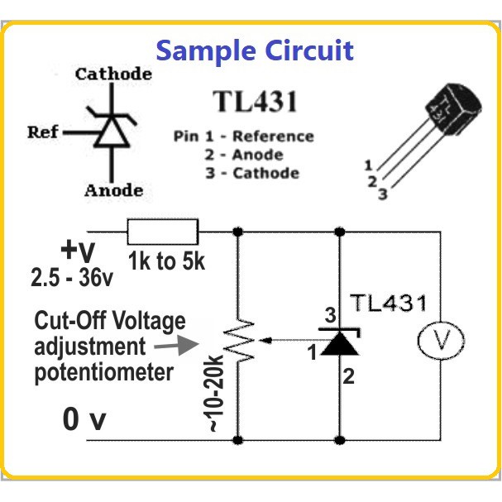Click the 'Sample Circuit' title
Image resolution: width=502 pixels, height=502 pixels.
[255, 51]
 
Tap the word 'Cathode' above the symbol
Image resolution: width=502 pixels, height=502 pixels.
[113, 74]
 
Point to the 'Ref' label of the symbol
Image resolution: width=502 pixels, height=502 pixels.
[42, 132]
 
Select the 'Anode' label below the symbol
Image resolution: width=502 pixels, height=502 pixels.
[113, 191]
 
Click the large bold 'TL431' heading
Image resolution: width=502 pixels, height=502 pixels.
[256, 102]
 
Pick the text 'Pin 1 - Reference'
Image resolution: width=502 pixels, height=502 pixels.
[244, 136]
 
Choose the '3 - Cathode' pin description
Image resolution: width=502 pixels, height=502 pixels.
[252, 173]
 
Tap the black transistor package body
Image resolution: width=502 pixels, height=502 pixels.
[453, 108]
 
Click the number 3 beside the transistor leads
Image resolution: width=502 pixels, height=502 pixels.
[383, 194]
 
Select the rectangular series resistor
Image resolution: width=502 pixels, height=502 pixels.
[163, 232]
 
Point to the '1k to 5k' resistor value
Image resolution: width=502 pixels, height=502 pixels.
[166, 261]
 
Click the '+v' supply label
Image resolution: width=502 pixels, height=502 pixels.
[78, 251]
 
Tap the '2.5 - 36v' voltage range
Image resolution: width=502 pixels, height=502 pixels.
[72, 277]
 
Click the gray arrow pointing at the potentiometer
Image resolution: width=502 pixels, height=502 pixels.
[176, 345]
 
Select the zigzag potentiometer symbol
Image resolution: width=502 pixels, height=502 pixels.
[239, 341]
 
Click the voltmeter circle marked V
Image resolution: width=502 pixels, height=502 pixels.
[441, 340]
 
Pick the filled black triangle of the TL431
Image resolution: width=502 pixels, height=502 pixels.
[340, 343]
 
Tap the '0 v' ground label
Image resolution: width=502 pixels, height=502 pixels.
[84, 419]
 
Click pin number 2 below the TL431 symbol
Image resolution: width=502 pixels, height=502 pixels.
[349, 376]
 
